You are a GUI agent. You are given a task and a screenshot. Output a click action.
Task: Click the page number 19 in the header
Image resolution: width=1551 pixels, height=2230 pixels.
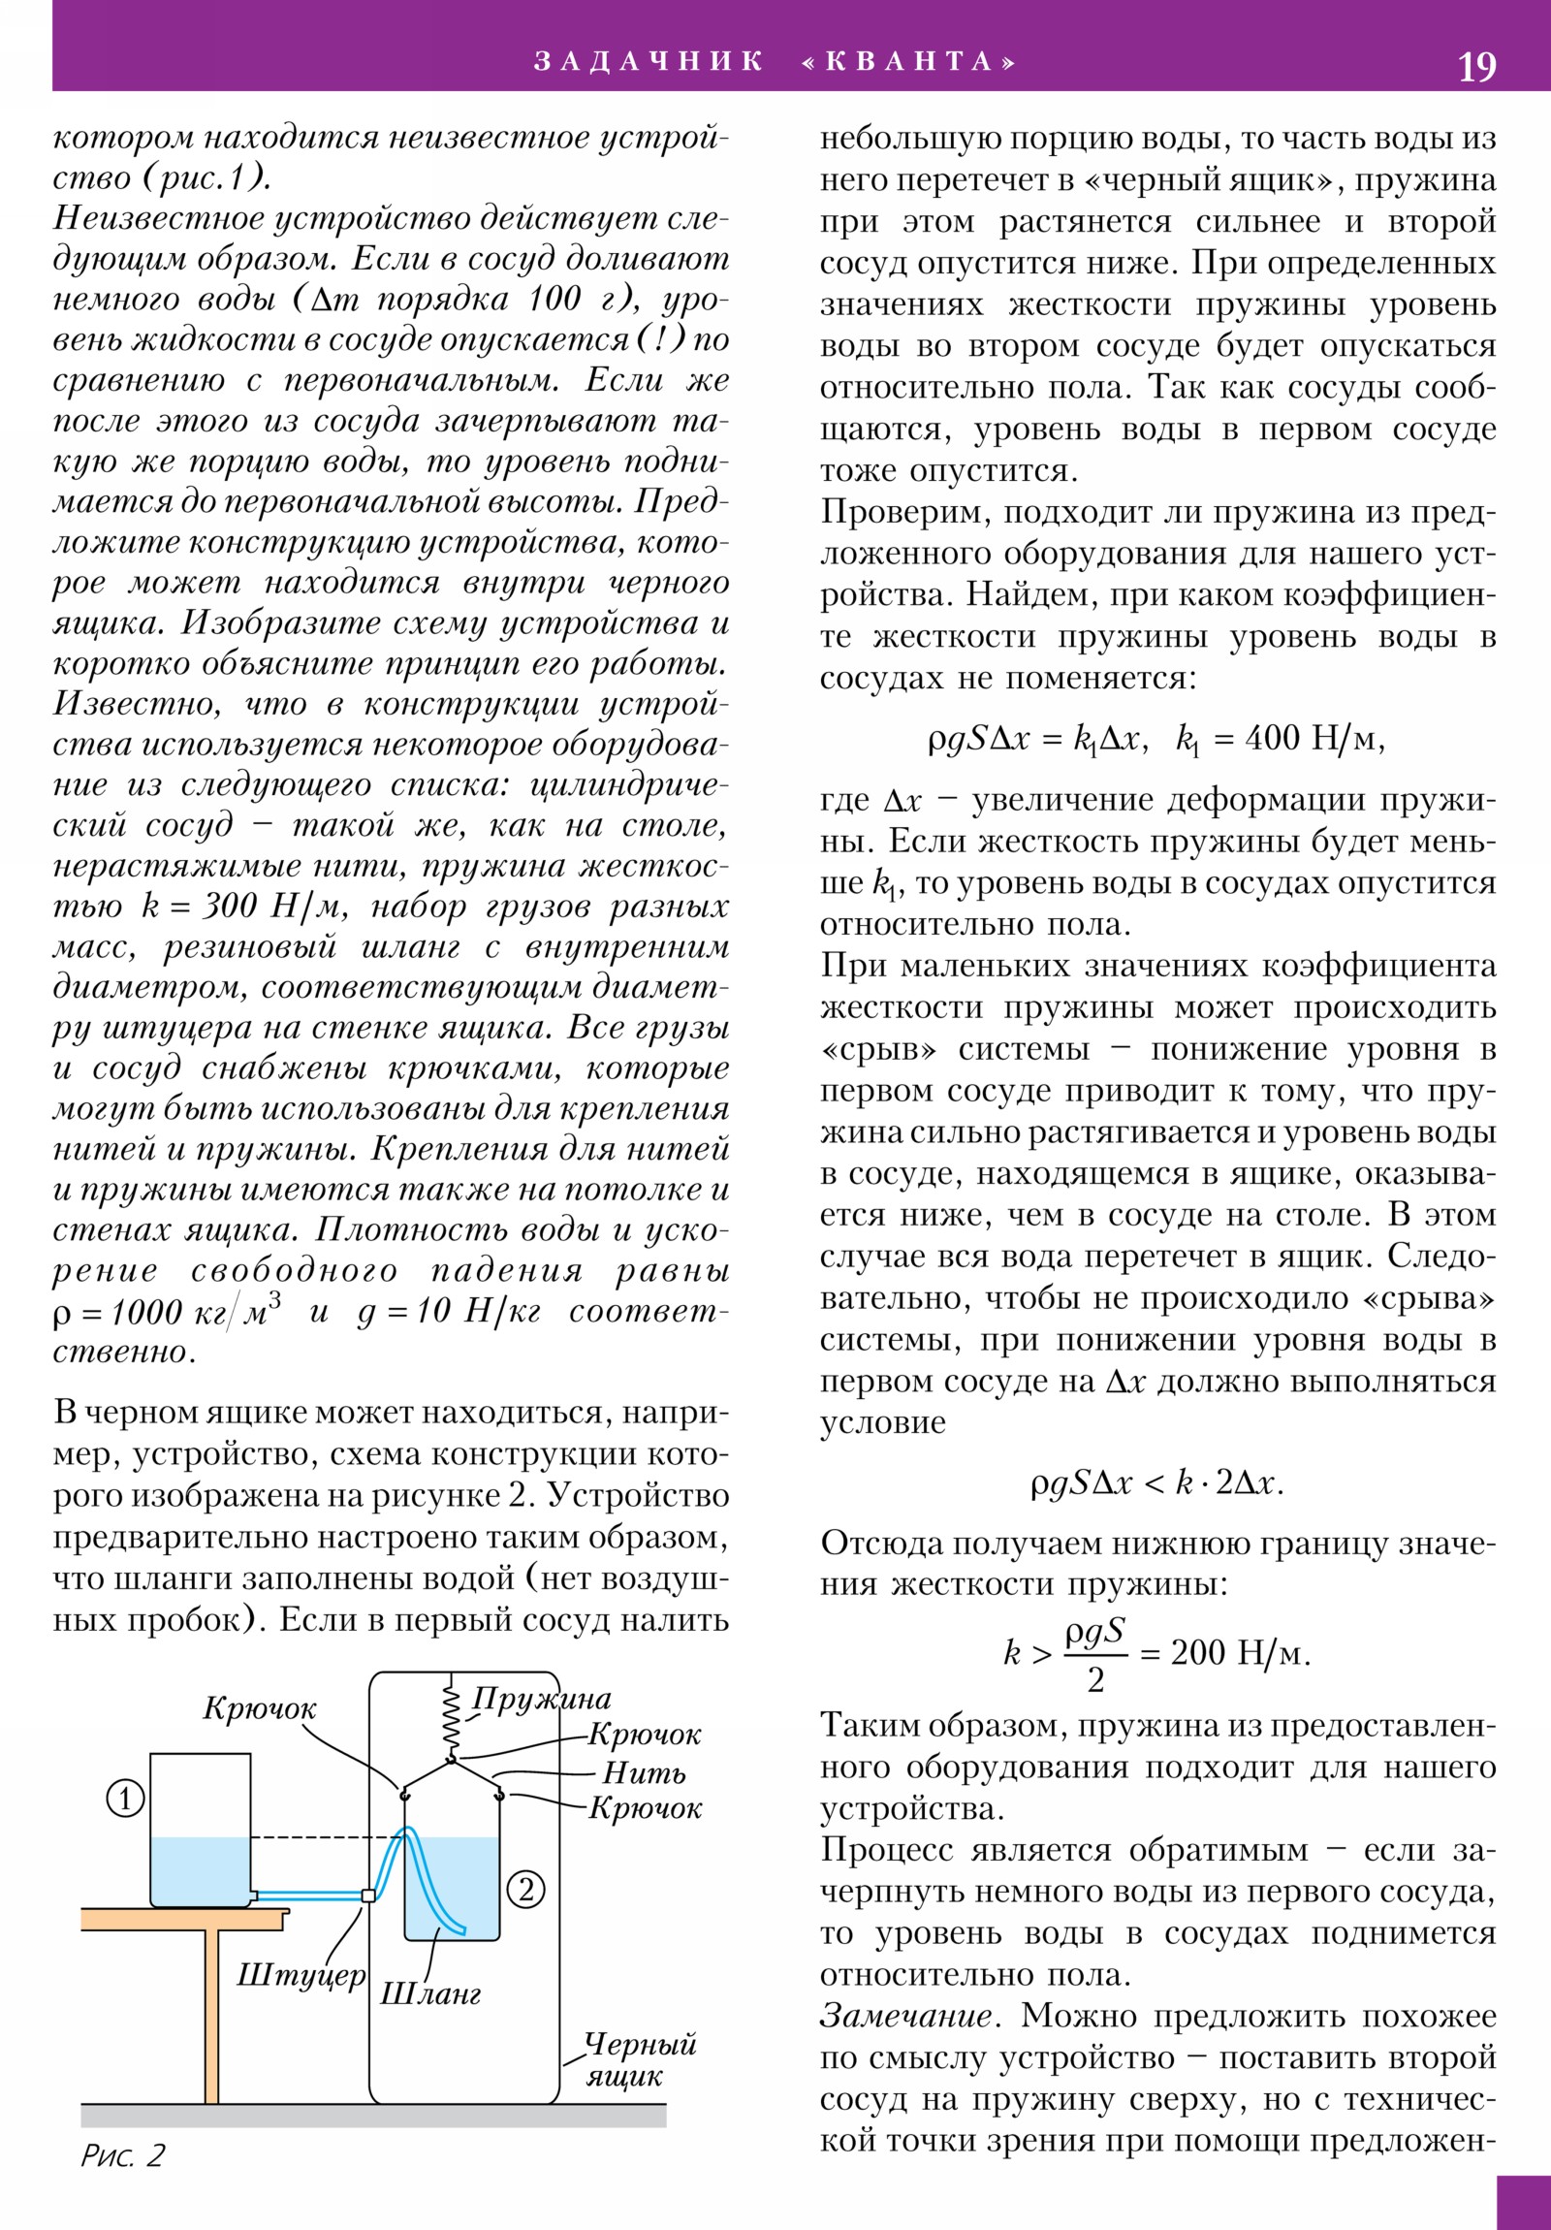pyautogui.click(x=1476, y=67)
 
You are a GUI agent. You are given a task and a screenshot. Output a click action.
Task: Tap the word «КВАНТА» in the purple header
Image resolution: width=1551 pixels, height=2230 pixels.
pyautogui.click(x=909, y=62)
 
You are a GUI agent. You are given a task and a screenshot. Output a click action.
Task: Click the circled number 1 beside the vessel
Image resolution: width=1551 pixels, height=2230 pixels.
pyautogui.click(x=125, y=1799)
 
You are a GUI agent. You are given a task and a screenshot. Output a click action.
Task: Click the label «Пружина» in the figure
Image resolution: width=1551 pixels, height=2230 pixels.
pyautogui.click(x=541, y=1699)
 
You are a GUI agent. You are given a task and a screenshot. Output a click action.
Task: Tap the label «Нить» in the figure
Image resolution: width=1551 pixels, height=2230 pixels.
pyautogui.click(x=644, y=1772)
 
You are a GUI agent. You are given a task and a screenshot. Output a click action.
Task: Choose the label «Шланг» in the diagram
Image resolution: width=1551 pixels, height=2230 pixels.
pyautogui.click(x=429, y=1994)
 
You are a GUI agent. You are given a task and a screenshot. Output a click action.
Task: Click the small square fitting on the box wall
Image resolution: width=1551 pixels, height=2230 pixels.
pyautogui.click(x=368, y=1895)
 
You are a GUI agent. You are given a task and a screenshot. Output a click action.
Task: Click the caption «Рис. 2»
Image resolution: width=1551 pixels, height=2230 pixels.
pyautogui.click(x=122, y=2156)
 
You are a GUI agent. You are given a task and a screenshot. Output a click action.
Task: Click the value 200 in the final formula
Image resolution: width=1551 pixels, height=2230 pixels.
pyautogui.click(x=1199, y=1652)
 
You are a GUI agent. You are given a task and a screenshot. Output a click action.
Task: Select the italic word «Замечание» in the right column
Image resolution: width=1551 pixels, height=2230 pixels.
pyautogui.click(x=907, y=2016)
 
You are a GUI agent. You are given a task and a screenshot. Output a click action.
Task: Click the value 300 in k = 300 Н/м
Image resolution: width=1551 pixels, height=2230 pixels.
pyautogui.click(x=230, y=907)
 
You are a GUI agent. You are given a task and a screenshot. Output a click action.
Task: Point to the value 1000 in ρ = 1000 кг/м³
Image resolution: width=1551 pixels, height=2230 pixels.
pyautogui.click(x=146, y=1312)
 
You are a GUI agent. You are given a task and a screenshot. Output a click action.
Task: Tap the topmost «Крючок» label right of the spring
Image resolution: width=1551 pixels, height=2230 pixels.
pyautogui.click(x=644, y=1735)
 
